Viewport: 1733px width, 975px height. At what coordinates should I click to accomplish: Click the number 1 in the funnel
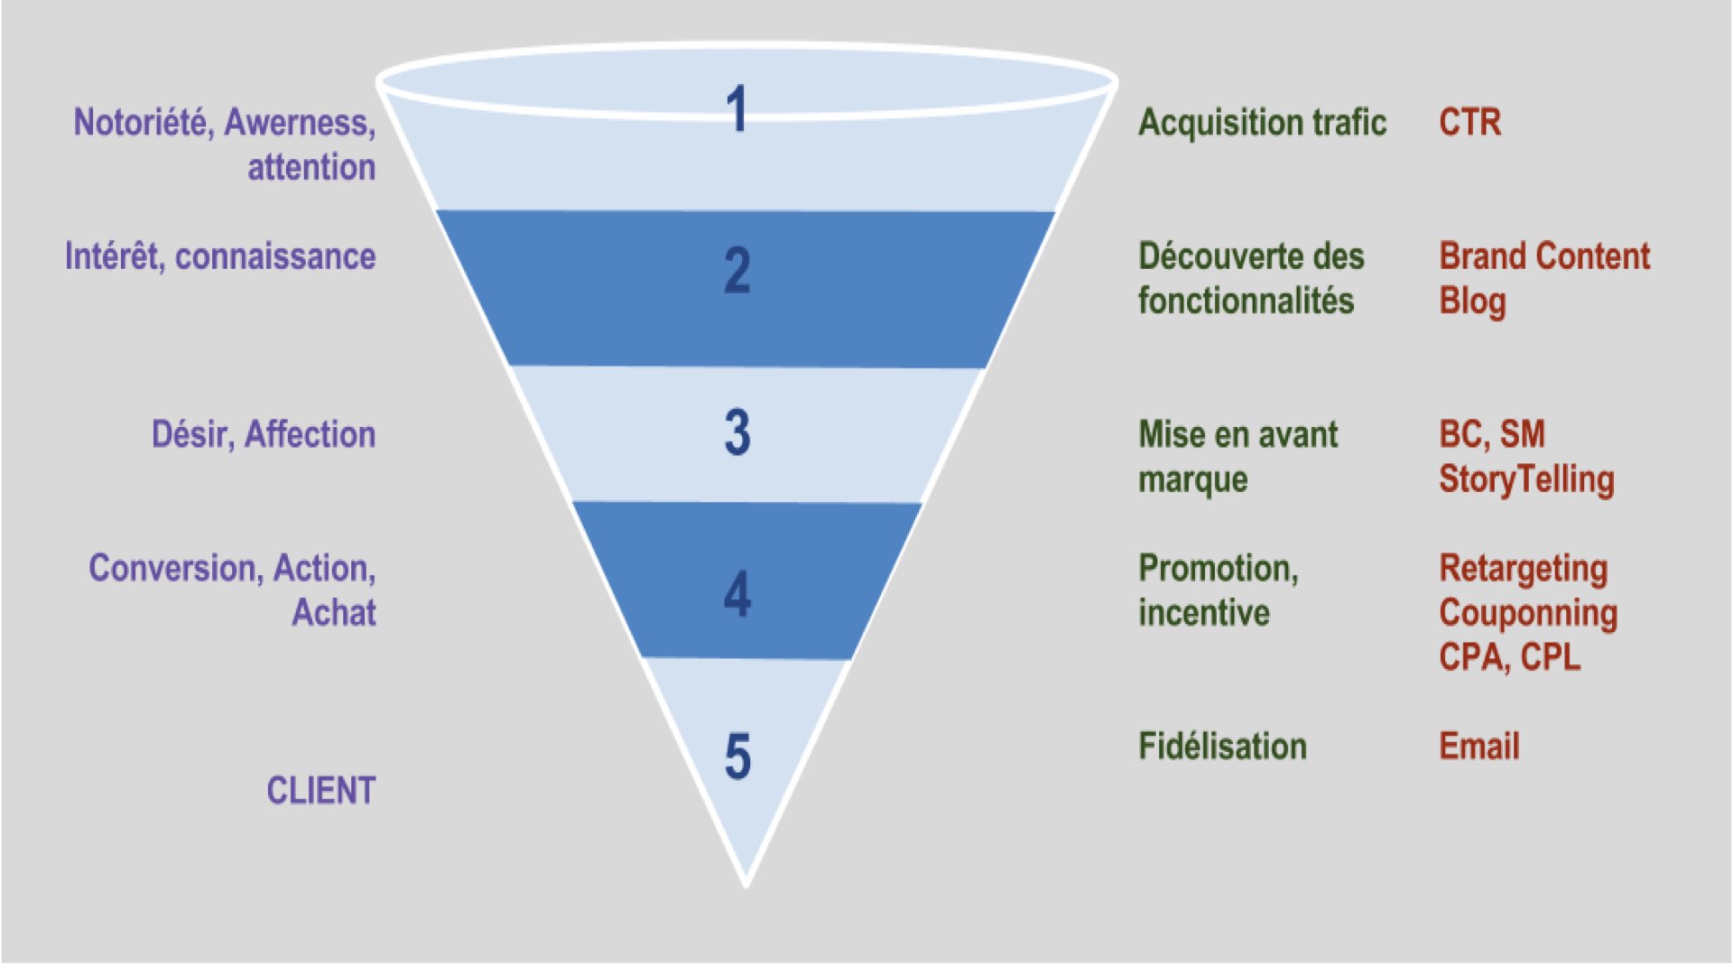pyautogui.click(x=737, y=109)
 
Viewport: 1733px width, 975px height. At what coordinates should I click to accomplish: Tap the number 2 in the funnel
pyautogui.click(x=737, y=271)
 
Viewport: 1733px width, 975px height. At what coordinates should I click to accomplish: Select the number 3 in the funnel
pyautogui.click(x=737, y=432)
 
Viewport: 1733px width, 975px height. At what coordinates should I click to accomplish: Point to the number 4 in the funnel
pyautogui.click(x=737, y=594)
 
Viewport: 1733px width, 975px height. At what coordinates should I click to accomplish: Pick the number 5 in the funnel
pyautogui.click(x=737, y=756)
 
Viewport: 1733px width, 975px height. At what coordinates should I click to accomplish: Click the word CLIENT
pyautogui.click(x=320, y=791)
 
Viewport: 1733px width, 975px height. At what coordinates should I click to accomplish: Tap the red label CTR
pyautogui.click(x=1470, y=123)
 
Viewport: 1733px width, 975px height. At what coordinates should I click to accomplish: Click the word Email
pyautogui.click(x=1479, y=747)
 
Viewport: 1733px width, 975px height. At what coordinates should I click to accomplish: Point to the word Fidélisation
pyautogui.click(x=1222, y=747)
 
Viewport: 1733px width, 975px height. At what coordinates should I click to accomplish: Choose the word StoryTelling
pyautogui.click(x=1526, y=480)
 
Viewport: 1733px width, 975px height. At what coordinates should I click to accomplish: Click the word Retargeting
pyautogui.click(x=1524, y=570)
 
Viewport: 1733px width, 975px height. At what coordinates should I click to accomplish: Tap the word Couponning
pyautogui.click(x=1528, y=614)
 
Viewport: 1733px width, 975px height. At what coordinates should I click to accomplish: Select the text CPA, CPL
pyautogui.click(x=1509, y=657)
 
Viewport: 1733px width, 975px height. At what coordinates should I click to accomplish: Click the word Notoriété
pyautogui.click(x=144, y=123)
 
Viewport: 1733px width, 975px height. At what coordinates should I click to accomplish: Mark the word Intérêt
pyautogui.click(x=115, y=256)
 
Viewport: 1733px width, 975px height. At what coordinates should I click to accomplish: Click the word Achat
pyautogui.click(x=333, y=613)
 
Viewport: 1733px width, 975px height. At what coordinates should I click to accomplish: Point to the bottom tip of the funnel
pyautogui.click(x=746, y=885)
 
